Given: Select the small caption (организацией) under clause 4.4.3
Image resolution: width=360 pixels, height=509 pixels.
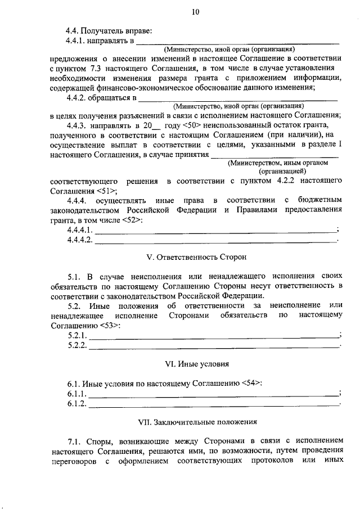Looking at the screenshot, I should pos(282,170).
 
